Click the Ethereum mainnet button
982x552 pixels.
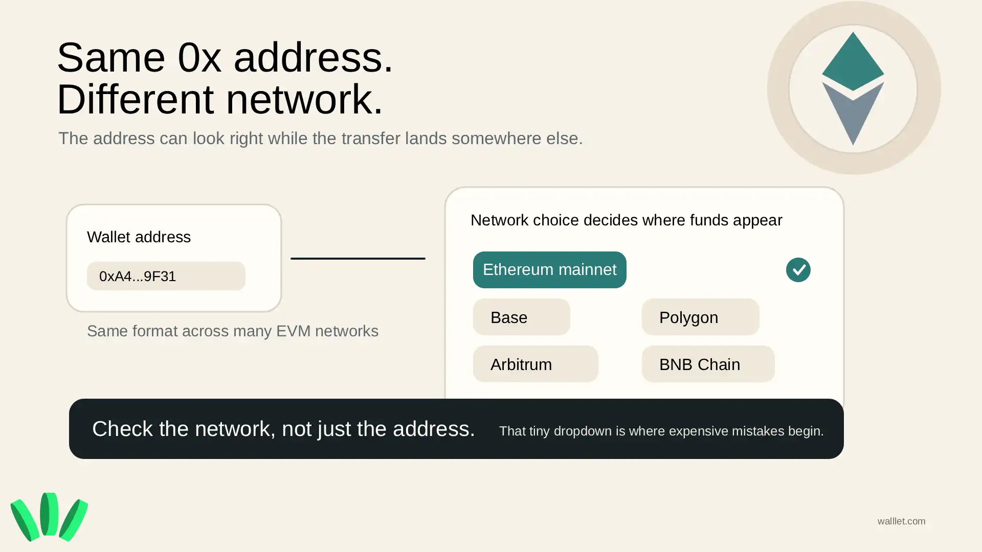point(549,270)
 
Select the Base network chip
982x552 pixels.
point(521,317)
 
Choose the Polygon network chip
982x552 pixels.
point(700,317)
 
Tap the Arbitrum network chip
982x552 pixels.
point(535,364)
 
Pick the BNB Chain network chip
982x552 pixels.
point(708,364)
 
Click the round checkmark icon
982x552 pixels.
point(798,270)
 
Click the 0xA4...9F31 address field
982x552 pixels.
point(166,276)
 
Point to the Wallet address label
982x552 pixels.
point(139,237)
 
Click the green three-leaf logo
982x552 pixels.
point(49,517)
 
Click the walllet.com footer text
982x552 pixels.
point(901,521)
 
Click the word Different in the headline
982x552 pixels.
point(135,99)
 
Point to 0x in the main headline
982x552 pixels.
point(199,57)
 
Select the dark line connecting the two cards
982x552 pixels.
point(358,259)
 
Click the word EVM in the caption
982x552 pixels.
point(293,331)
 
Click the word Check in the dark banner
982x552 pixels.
point(122,429)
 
